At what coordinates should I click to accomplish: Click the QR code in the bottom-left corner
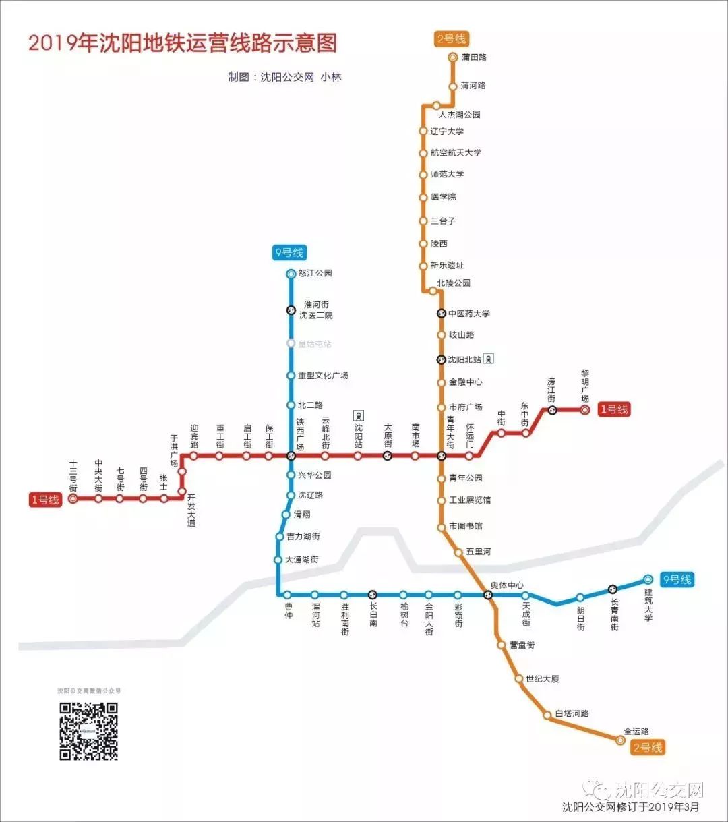[88, 731]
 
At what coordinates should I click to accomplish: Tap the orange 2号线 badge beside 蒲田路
[451, 39]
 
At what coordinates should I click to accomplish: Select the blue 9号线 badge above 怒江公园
[290, 254]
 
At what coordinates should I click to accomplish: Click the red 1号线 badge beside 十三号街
[45, 500]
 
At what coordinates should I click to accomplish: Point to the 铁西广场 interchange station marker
[291, 456]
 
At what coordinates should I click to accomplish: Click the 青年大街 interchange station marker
[442, 456]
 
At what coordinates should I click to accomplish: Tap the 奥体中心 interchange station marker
[488, 595]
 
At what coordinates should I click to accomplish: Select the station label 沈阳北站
[465, 360]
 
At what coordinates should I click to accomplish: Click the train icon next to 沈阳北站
[489, 359]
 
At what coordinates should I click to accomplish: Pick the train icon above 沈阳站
[359, 415]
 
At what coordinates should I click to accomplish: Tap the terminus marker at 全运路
[621, 740]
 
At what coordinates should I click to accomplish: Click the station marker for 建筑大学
[648, 579]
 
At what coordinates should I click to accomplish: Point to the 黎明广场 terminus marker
[585, 409]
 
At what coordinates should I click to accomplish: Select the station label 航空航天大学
[456, 153]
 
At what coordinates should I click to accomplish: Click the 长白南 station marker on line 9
[373, 595]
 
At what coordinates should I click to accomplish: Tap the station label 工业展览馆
[470, 500]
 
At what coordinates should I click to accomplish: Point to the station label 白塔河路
[572, 713]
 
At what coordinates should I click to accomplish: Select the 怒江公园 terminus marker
[291, 274]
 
